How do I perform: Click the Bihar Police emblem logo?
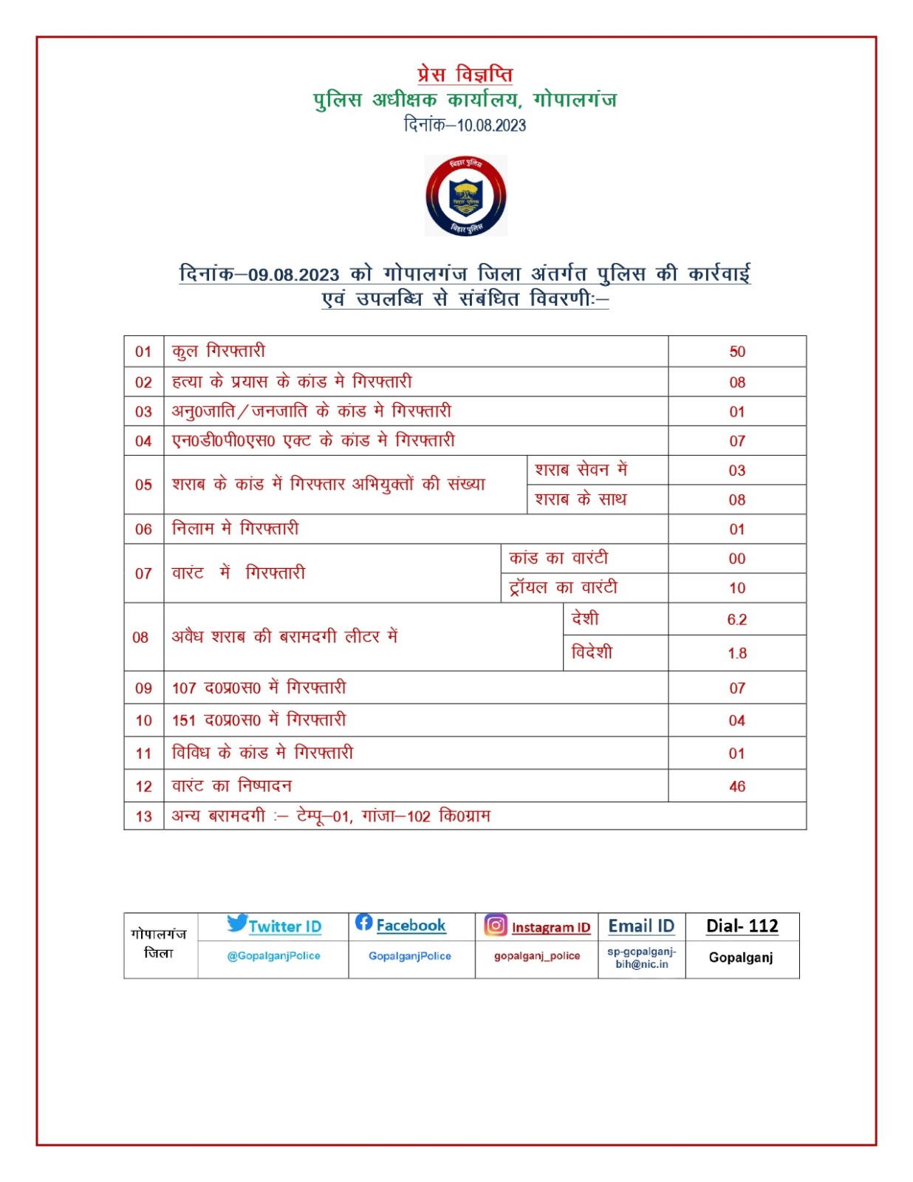[465, 196]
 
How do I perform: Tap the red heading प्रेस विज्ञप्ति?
[465, 75]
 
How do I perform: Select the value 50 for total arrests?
[736, 352]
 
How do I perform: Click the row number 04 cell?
[143, 441]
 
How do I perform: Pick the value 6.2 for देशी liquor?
[736, 620]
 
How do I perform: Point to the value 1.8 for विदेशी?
[736, 653]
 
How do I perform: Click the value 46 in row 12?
[736, 786]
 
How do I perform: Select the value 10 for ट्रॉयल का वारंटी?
[736, 588]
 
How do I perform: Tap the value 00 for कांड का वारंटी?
[736, 558]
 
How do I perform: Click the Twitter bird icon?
[237, 923]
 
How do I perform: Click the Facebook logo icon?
[363, 922]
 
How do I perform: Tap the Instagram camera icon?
[496, 925]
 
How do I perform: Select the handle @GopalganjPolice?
[273, 956]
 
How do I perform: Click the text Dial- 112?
[742, 926]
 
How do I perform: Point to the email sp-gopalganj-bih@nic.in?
[641, 957]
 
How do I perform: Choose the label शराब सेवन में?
[581, 470]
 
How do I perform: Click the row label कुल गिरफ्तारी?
[218, 352]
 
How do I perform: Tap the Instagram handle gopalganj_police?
[537, 956]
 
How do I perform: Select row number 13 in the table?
[143, 816]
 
